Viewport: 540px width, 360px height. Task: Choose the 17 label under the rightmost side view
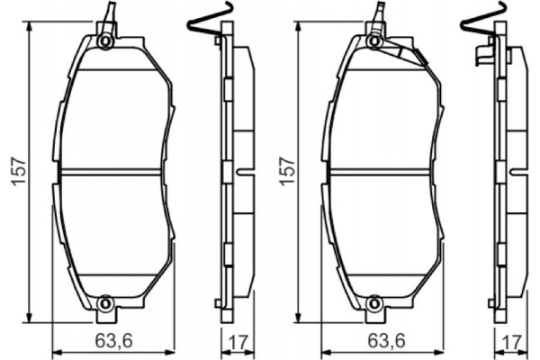click(510, 342)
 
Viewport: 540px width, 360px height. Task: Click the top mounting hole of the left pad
click(105, 41)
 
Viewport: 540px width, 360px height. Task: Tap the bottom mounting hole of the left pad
click(105, 303)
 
